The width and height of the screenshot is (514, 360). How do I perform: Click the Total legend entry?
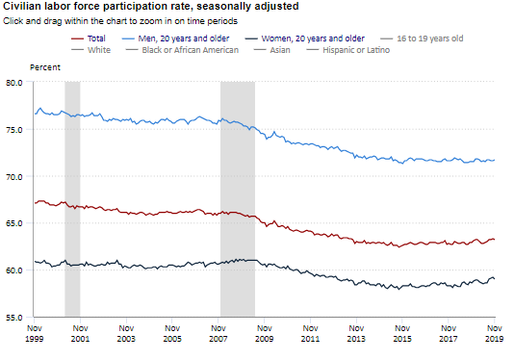pyautogui.click(x=89, y=39)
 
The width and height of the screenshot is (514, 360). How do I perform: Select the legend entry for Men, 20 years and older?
pyautogui.click(x=176, y=39)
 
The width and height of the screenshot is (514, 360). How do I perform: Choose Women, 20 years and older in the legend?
pyautogui.click(x=305, y=39)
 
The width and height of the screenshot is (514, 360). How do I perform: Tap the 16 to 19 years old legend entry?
pyautogui.click(x=422, y=39)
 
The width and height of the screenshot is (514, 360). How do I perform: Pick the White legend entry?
pyautogui.click(x=91, y=50)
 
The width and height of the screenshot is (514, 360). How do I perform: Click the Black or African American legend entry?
pyautogui.click(x=182, y=50)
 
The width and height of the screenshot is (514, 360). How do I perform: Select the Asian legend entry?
pyautogui.click(x=272, y=50)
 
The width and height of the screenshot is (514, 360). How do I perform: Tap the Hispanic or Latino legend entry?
pyautogui.click(x=348, y=50)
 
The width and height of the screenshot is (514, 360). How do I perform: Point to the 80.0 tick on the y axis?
pyautogui.click(x=14, y=83)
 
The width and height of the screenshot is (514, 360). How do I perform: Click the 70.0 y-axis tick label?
pyautogui.click(x=14, y=177)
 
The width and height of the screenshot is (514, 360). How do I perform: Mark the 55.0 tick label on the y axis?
pyautogui.click(x=14, y=318)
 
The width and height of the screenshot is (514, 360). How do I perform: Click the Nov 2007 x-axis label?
pyautogui.click(x=218, y=333)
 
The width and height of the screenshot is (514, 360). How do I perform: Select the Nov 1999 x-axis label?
pyautogui.click(x=35, y=333)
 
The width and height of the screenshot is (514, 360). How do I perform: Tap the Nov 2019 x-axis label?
pyautogui.click(x=495, y=333)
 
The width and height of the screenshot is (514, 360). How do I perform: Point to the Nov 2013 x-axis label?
pyautogui.click(x=356, y=333)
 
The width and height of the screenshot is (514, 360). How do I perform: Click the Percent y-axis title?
pyautogui.click(x=45, y=67)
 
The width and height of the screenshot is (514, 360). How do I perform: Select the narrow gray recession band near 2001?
pyautogui.click(x=72, y=199)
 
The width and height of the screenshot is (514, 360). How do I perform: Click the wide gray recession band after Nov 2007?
pyautogui.click(x=238, y=199)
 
